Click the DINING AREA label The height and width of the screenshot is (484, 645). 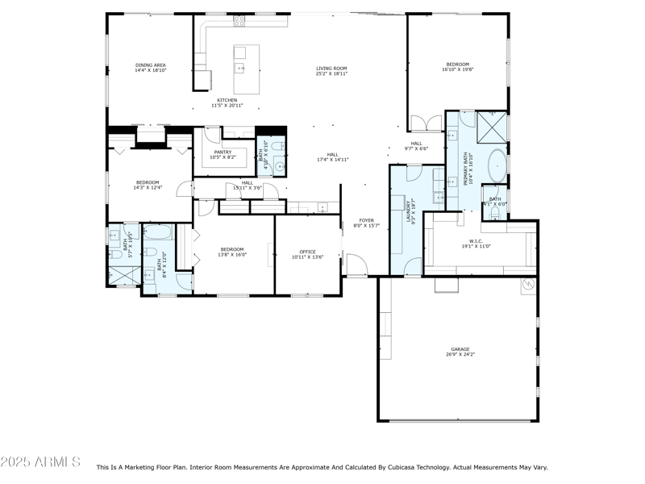tap(150, 65)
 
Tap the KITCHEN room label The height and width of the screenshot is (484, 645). tap(227, 100)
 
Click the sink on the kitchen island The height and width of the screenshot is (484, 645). tap(240, 68)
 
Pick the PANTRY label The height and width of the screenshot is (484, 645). tap(223, 152)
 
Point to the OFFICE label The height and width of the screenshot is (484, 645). tap(307, 252)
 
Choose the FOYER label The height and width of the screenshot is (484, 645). tap(366, 220)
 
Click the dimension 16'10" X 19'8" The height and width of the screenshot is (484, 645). tap(457, 69)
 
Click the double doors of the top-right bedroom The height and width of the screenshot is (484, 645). tap(427, 123)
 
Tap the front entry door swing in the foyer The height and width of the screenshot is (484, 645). tap(356, 264)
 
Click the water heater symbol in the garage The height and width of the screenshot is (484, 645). tap(528, 284)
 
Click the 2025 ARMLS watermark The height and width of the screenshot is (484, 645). tap(40, 462)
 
